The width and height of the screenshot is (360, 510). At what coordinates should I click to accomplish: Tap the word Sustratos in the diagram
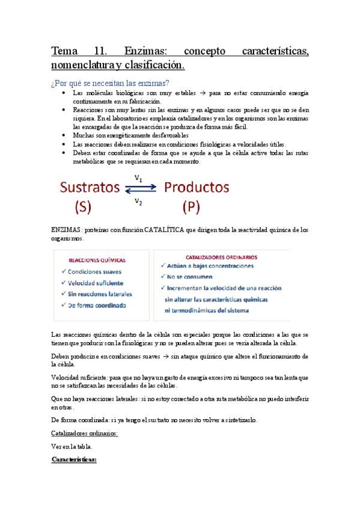(89, 187)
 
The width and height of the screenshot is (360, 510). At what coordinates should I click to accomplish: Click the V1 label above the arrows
(138, 178)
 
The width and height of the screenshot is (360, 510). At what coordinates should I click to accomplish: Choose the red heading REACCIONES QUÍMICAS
(97, 261)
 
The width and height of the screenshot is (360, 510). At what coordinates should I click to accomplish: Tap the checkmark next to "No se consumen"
(163, 277)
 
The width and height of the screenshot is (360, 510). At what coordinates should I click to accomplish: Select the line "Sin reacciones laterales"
(100, 293)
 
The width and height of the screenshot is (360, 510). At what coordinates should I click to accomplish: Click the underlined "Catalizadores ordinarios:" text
(85, 433)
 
